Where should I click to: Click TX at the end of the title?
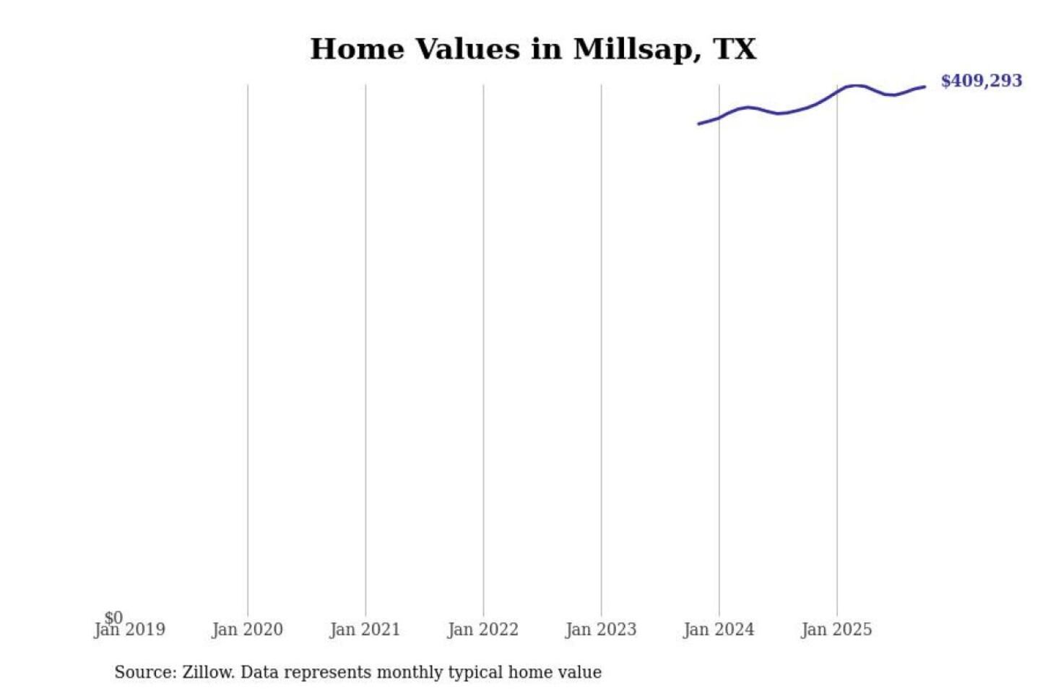(x=735, y=49)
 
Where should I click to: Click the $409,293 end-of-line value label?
(x=981, y=81)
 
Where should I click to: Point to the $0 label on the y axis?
(x=113, y=617)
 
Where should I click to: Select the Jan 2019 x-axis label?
(x=130, y=630)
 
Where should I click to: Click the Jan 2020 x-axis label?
(x=247, y=630)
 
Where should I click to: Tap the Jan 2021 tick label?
(x=365, y=630)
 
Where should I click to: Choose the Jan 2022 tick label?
(x=483, y=630)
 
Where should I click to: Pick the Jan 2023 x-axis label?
(x=601, y=630)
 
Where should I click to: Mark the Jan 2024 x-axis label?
(x=719, y=630)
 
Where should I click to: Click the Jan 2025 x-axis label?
(x=836, y=630)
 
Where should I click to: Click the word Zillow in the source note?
(x=208, y=673)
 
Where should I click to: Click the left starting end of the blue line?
(x=698, y=124)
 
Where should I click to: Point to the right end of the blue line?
(x=924, y=87)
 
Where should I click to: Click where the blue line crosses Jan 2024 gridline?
(x=719, y=117)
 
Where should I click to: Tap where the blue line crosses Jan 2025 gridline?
(x=837, y=91)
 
